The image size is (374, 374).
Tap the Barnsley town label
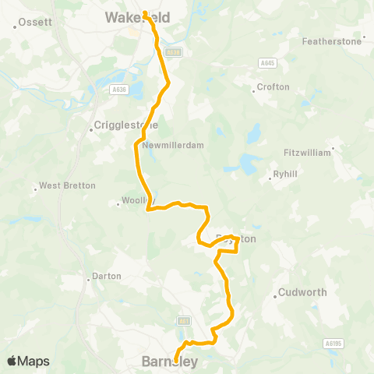(x=171, y=362)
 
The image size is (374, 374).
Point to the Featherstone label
(x=332, y=41)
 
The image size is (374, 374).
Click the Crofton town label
(x=273, y=87)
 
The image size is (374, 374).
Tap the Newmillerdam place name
(x=173, y=145)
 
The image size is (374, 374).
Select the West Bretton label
(x=67, y=186)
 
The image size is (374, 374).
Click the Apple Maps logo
(x=27, y=361)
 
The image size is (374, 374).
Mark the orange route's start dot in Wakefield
(x=145, y=12)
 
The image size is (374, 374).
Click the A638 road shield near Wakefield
(x=175, y=52)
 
